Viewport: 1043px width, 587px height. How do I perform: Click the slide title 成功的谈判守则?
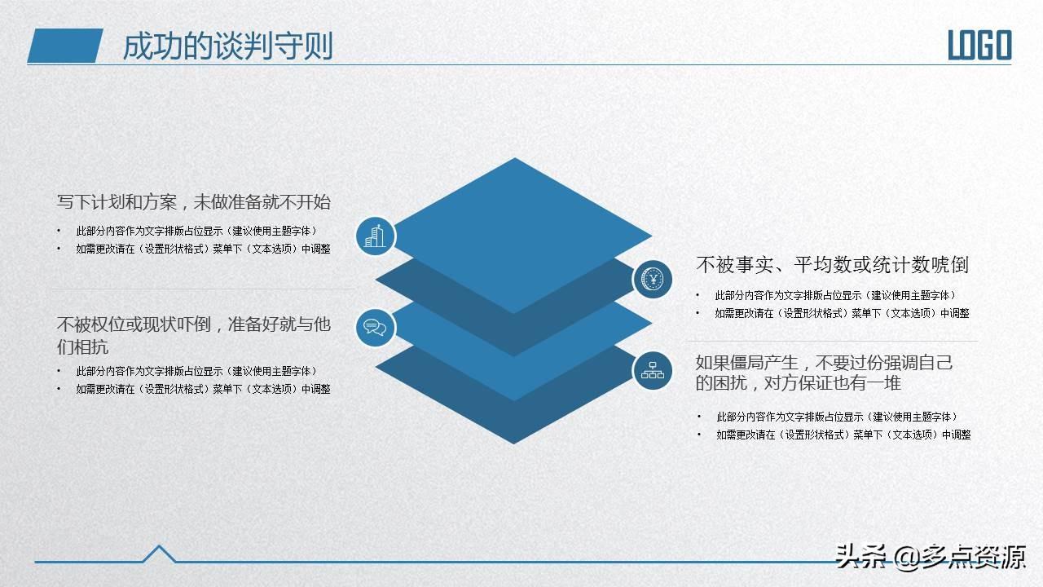tap(227, 46)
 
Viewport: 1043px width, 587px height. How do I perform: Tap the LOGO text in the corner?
tap(979, 45)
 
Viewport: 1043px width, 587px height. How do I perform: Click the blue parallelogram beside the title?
tap(65, 46)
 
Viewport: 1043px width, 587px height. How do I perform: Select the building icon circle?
tap(376, 236)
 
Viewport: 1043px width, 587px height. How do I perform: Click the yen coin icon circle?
tap(652, 280)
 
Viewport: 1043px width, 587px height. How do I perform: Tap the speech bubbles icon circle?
tap(376, 328)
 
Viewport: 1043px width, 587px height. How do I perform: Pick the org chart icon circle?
tap(652, 371)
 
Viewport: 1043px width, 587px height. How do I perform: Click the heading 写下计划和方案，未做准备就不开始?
tap(194, 202)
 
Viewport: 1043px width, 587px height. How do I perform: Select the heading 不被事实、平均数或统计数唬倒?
tap(833, 265)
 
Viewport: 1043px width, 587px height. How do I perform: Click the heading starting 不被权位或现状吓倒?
tap(194, 335)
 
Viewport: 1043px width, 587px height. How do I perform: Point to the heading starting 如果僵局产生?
tap(824, 373)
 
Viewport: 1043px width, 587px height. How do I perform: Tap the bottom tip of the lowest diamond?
tap(514, 444)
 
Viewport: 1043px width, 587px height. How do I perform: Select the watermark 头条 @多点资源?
tap(931, 557)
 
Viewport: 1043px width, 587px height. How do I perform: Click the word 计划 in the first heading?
tap(108, 202)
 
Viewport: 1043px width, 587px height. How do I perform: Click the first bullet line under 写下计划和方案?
tap(196, 231)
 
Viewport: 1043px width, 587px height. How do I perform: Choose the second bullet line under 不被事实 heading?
tap(842, 313)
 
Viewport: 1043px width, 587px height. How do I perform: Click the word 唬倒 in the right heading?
tap(950, 265)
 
